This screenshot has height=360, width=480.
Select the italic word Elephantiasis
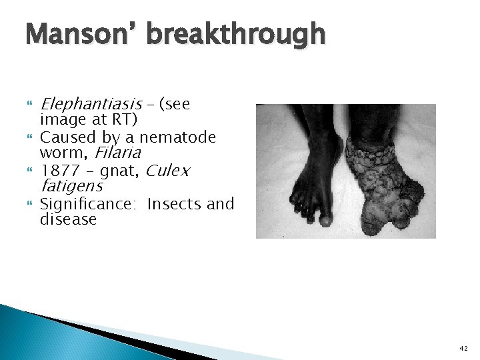91,105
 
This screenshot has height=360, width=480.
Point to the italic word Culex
167,171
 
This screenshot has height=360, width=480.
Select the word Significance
88,204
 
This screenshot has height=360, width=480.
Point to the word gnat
118,171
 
